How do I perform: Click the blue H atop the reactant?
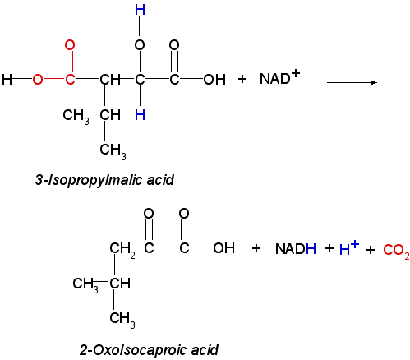140,10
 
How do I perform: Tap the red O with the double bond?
70,45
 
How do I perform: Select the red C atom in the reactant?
70,80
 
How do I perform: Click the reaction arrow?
352,82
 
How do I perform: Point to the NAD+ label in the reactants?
279,77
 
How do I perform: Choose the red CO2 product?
396,251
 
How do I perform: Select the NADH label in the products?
296,249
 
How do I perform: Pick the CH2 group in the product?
122,249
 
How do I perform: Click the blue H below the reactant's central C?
140,115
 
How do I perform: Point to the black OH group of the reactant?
214,80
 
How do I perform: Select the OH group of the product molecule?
224,248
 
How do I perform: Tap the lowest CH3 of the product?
122,319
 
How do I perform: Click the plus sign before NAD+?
242,79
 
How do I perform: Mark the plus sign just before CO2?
371,250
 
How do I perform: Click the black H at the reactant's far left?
7,80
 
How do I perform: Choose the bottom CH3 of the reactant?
113,151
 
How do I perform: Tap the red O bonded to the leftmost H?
38,80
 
